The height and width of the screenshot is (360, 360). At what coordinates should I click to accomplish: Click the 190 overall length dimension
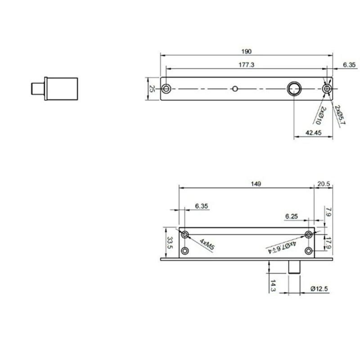tap(246, 51)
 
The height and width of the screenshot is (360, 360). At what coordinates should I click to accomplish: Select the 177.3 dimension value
tap(247, 65)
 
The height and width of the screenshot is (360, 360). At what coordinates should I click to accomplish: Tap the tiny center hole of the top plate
tap(234, 89)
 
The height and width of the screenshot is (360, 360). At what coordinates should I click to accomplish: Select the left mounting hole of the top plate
tap(166, 88)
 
